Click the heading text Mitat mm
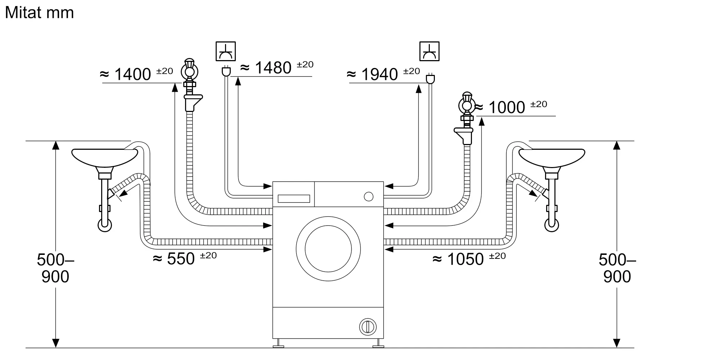(x=39, y=13)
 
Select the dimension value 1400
(x=132, y=75)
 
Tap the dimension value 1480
(x=273, y=68)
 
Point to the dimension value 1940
(x=379, y=75)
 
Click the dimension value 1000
(x=507, y=107)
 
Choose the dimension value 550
(x=181, y=259)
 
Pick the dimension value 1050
(x=465, y=259)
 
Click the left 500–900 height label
(x=55, y=268)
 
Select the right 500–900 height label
(x=617, y=268)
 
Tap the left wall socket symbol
(x=226, y=51)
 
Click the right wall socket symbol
(x=429, y=51)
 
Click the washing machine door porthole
(x=328, y=249)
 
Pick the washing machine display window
(x=294, y=199)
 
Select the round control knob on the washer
(x=369, y=197)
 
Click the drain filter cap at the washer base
(x=368, y=327)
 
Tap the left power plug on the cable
(x=226, y=71)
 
